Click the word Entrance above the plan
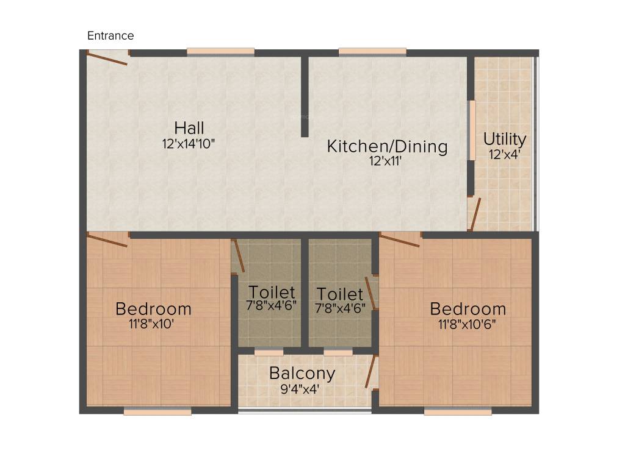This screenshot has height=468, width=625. point(110,35)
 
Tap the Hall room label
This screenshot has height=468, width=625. point(189,128)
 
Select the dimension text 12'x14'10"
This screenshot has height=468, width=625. point(189,144)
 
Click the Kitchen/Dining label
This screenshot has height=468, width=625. point(387,146)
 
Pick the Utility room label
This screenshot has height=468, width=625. point(505,139)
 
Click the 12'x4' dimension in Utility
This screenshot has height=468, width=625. point(505,154)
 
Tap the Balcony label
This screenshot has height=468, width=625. point(302,373)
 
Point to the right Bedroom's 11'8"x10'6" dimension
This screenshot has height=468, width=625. point(467,324)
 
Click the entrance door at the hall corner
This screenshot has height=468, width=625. point(107,58)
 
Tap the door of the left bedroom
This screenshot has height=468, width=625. point(107,239)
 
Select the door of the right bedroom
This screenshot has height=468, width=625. point(400,239)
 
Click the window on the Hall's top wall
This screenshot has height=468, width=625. point(220,52)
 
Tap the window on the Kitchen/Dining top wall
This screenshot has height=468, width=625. point(372,52)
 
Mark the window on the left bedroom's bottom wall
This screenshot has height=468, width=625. point(157,412)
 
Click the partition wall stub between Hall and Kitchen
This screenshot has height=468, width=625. point(304,96)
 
